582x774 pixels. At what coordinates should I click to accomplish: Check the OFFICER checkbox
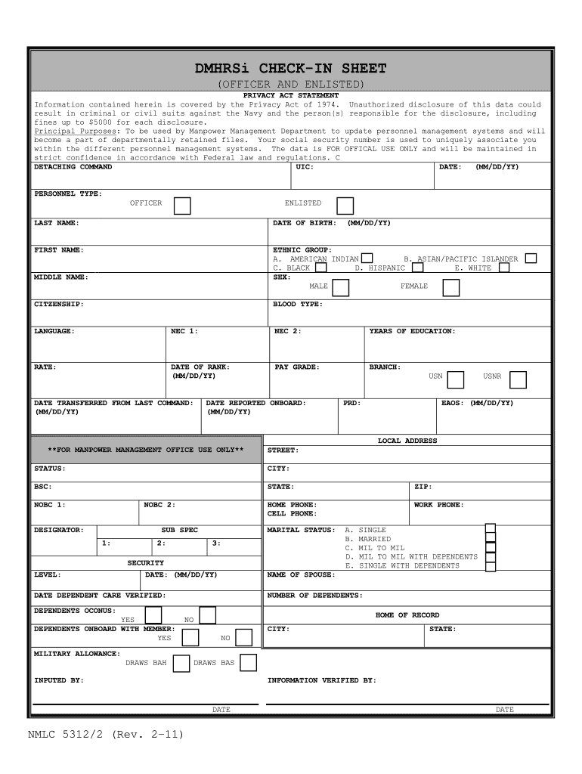[x=181, y=206]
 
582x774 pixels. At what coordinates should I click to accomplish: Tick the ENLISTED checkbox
[x=345, y=206]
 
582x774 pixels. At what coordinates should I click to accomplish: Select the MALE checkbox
[x=341, y=287]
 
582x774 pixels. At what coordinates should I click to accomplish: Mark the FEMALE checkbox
[x=450, y=287]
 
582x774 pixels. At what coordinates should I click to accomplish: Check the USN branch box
[x=455, y=379]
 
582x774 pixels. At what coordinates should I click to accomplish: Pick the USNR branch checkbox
[x=517, y=379]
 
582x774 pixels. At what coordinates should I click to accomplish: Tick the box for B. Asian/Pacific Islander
[x=531, y=259]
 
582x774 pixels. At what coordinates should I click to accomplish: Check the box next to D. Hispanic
[x=417, y=268]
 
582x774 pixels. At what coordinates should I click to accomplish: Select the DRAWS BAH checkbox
[x=181, y=664]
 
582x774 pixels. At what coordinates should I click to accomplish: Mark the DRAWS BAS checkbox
[x=248, y=663]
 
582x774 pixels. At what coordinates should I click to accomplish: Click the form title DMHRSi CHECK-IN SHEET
[x=290, y=69]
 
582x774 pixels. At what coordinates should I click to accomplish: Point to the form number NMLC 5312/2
[x=105, y=734]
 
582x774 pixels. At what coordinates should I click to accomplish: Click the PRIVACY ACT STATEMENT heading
[x=290, y=96]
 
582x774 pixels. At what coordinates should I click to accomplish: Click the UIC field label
[x=304, y=166]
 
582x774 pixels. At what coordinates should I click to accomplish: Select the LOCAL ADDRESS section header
[x=407, y=441]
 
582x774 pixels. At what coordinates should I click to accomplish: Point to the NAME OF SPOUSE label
[x=301, y=574]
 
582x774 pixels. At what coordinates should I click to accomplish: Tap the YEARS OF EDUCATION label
[x=412, y=331]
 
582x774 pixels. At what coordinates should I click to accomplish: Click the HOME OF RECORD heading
[x=407, y=615]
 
